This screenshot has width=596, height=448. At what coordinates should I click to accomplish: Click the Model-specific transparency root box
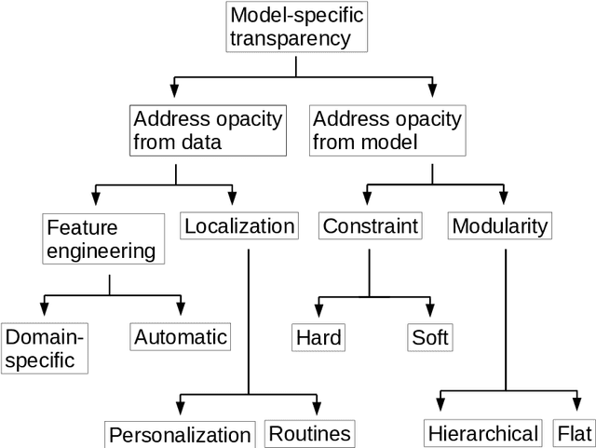[295, 26]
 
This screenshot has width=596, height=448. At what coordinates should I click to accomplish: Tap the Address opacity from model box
[387, 130]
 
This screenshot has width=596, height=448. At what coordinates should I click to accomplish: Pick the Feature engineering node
[102, 238]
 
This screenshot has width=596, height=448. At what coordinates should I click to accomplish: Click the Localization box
[239, 225]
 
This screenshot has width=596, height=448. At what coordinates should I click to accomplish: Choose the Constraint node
[369, 225]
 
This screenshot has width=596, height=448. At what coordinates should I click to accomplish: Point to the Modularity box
[500, 225]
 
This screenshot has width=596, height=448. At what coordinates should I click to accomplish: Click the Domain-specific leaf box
[44, 347]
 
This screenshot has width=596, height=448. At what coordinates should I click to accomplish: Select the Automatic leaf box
[181, 336]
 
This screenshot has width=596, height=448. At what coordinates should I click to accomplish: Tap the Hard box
[318, 336]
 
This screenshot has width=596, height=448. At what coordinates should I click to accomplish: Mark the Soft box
[430, 336]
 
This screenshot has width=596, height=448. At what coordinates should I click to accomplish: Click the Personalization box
[180, 435]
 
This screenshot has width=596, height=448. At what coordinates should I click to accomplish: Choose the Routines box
[310, 433]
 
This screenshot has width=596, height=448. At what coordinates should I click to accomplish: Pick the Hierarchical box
[482, 433]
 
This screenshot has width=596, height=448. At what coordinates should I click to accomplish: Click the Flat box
[574, 433]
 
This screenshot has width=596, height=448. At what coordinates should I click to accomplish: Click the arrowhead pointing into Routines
[318, 408]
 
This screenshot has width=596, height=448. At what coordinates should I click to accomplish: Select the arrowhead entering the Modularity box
[503, 197]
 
